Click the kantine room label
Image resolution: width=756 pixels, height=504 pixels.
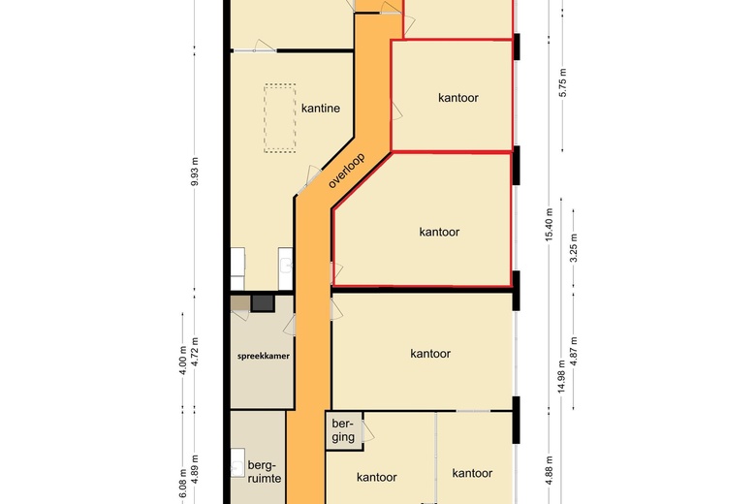pos(321,108)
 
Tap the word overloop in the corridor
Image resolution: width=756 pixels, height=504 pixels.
pos(346,171)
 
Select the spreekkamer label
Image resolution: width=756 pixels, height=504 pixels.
pos(264,356)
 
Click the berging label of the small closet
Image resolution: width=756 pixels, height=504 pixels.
pos(343,430)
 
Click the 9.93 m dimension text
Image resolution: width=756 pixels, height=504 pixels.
pos(194,172)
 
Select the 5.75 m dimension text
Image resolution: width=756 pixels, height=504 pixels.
pos(563,82)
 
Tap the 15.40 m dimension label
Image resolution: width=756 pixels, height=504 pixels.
pos(550,225)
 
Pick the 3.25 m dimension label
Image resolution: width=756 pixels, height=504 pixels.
pos(573,248)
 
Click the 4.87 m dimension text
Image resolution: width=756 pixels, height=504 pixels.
pos(573,351)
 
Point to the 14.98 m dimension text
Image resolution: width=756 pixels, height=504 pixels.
pos(561,376)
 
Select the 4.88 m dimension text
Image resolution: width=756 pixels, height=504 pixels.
pos(550,470)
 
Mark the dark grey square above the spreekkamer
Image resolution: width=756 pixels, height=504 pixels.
pos(263,303)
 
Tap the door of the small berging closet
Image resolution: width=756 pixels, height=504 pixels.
pos(367,430)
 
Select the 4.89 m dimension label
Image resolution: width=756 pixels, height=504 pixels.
pos(194,469)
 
